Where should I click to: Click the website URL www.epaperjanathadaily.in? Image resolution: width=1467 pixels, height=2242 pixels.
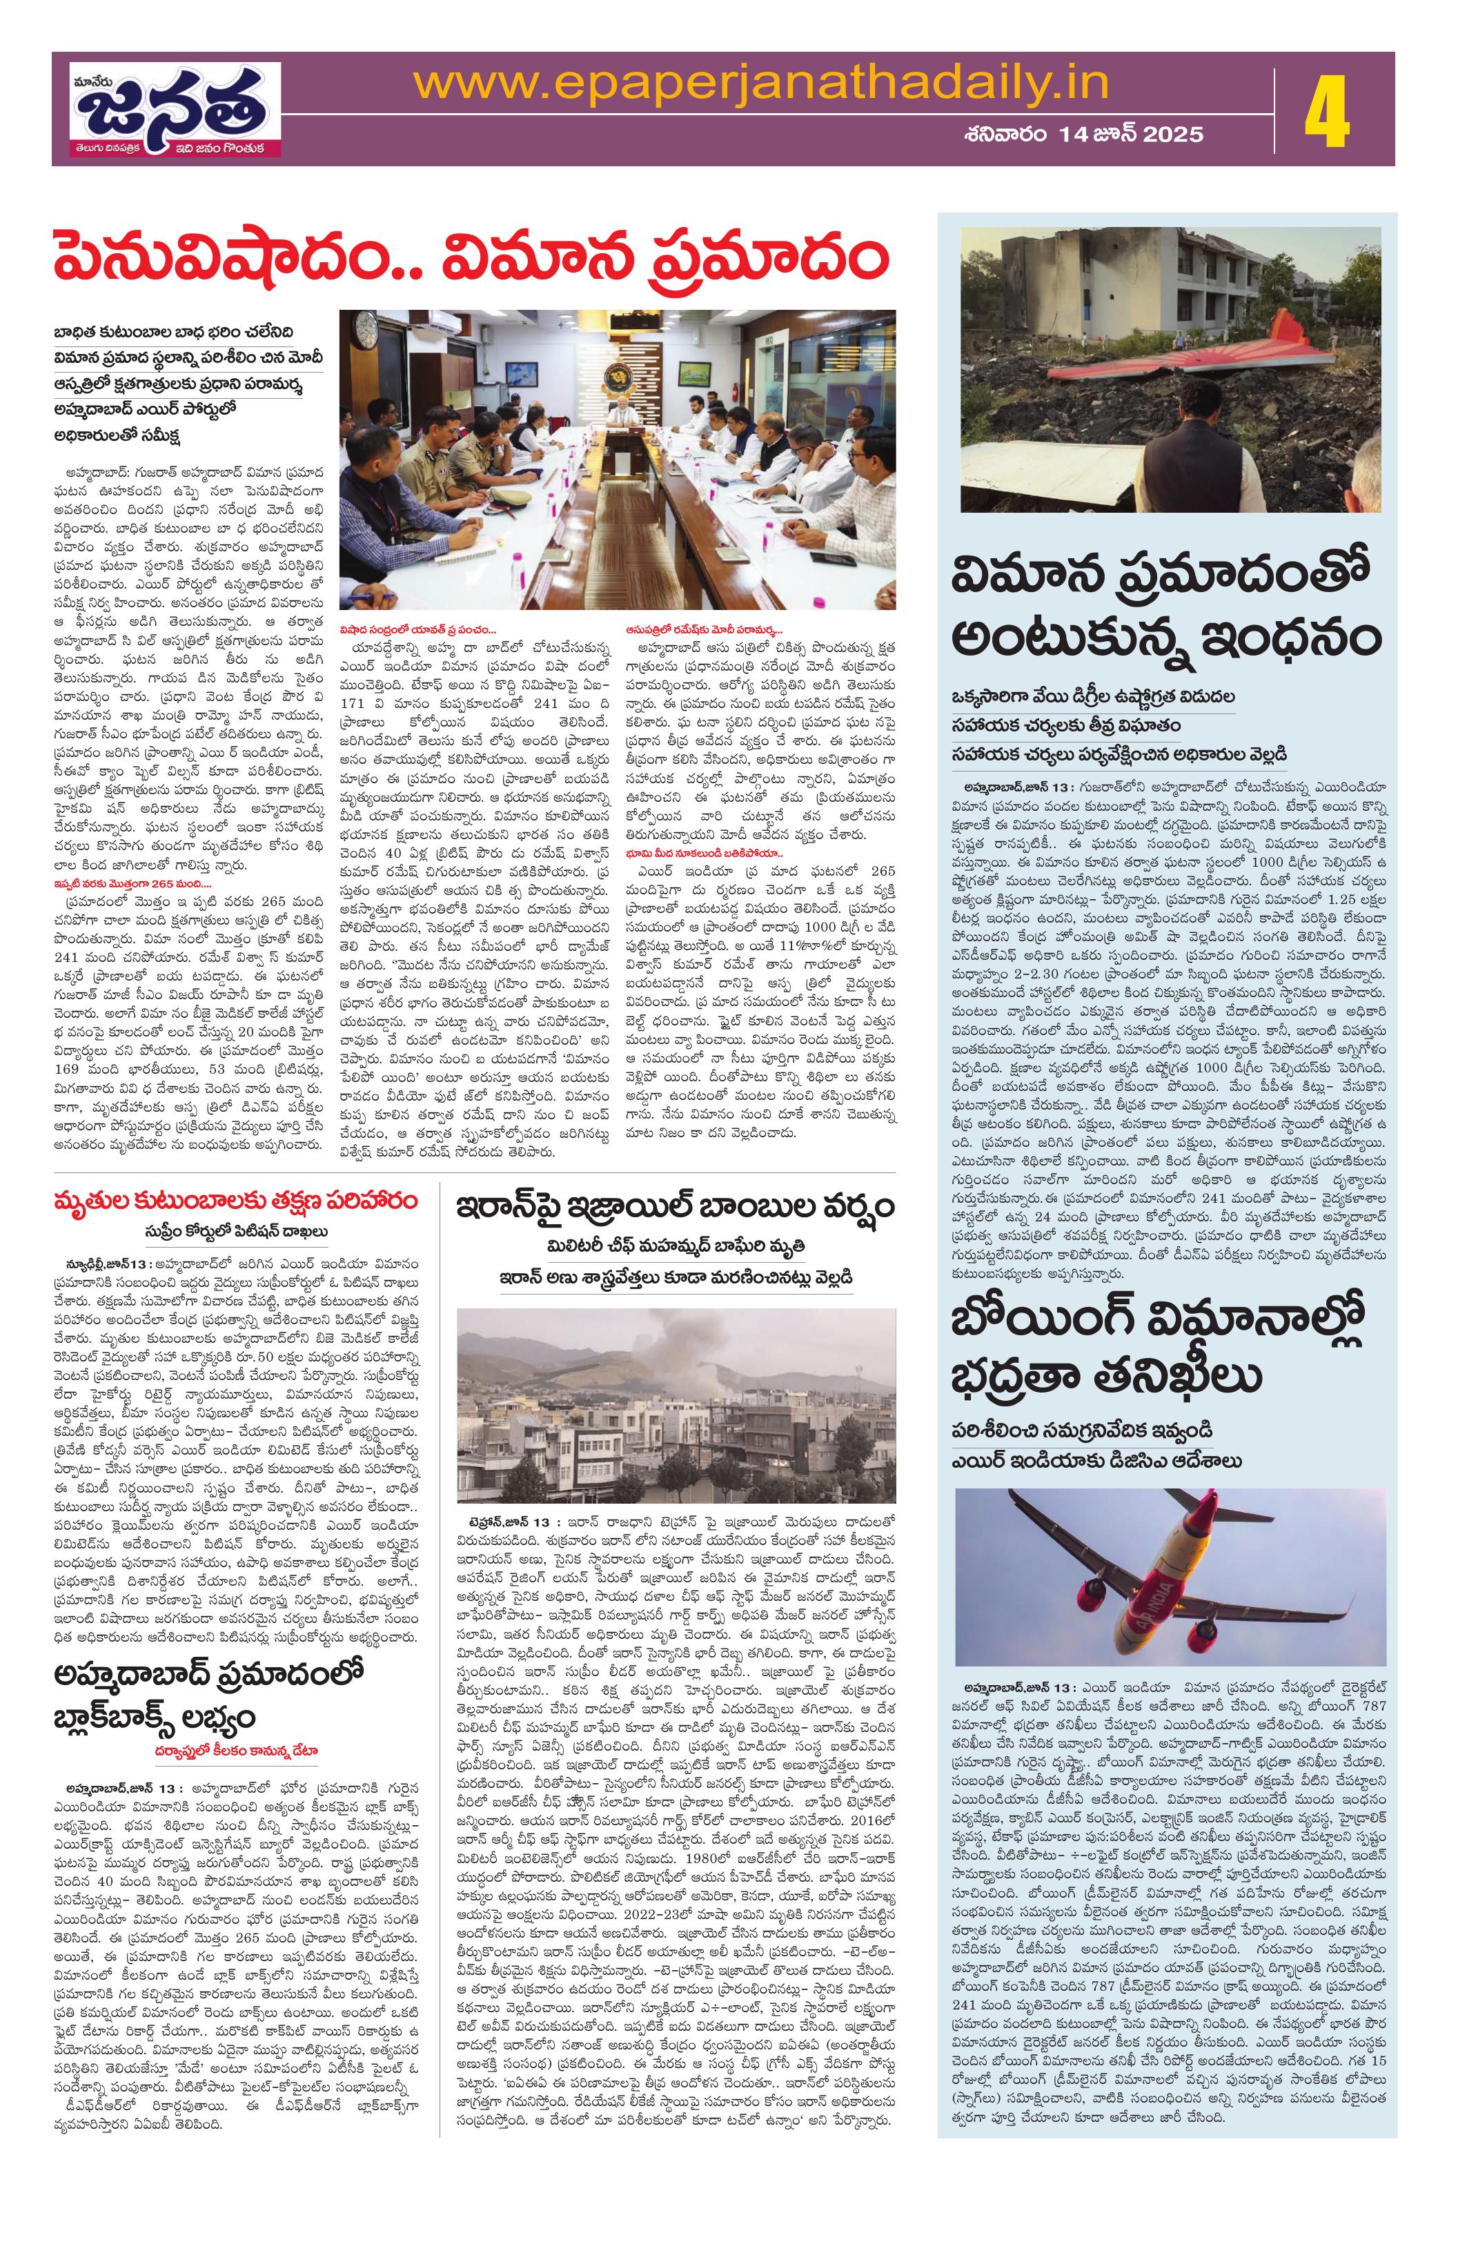[761, 85]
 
